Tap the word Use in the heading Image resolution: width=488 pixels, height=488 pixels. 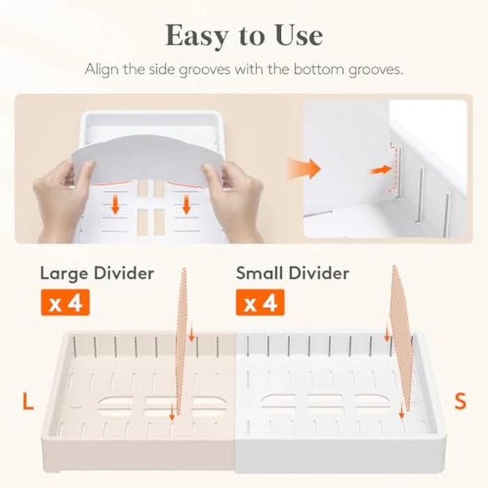coord(299,35)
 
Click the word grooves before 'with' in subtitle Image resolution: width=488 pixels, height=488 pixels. coord(204,70)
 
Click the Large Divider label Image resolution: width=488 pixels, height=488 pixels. coord(97,273)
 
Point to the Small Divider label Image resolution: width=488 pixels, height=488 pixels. coord(293,273)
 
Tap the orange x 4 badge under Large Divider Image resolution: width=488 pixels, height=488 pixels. coord(66,303)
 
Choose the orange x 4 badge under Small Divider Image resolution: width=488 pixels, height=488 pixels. coord(260,303)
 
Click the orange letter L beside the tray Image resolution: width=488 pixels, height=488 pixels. coord(28,401)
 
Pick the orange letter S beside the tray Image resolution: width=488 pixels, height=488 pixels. coord(460,401)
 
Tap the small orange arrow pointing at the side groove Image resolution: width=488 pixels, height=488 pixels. coord(381,170)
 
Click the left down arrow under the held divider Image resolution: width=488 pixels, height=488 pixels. coord(116,204)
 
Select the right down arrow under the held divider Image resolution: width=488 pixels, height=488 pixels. coord(186,204)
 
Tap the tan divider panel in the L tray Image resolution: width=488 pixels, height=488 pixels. coord(181,341)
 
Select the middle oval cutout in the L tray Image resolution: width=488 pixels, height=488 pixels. coord(160,406)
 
